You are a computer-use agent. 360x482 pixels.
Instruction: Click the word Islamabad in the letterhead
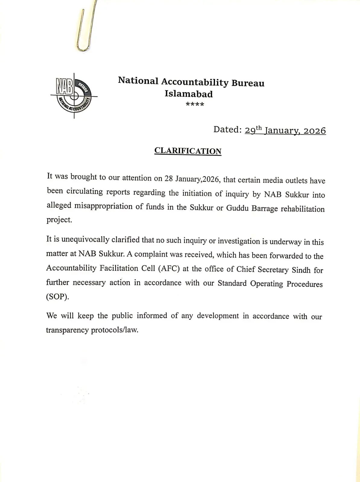point(188,94)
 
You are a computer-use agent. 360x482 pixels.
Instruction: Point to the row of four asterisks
point(195,105)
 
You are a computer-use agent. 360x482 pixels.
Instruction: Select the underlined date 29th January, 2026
point(285,130)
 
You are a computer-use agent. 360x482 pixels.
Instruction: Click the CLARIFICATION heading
point(188,151)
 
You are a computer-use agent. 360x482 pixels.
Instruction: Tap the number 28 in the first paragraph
point(169,178)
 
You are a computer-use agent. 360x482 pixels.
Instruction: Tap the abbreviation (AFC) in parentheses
point(169,268)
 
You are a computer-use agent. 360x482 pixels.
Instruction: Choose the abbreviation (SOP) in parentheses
point(58,297)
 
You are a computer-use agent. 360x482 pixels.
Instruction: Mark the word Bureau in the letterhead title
point(248,83)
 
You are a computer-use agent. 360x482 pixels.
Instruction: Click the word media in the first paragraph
point(273,180)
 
